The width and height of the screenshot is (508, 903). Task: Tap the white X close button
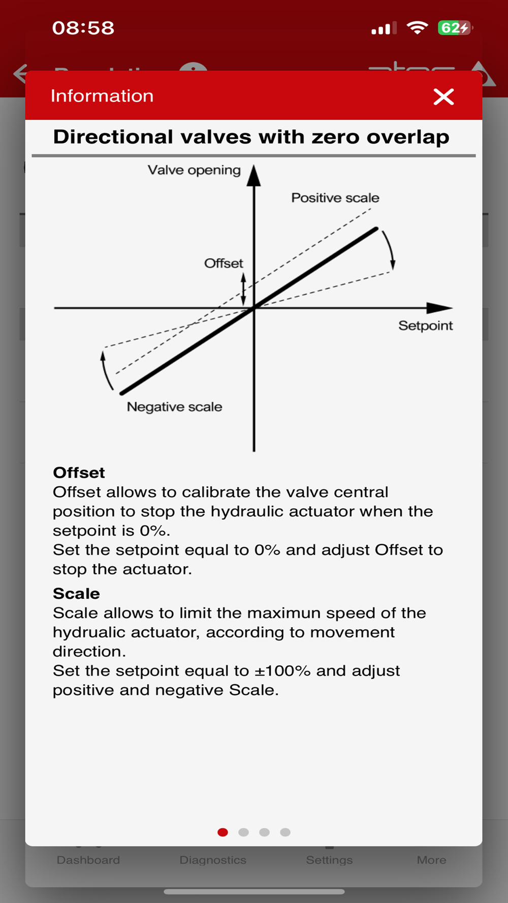click(443, 96)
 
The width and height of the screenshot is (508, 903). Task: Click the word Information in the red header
click(102, 96)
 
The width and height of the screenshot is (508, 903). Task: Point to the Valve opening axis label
click(194, 170)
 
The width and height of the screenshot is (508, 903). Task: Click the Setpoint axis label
click(425, 326)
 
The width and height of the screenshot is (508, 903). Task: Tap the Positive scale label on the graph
click(335, 198)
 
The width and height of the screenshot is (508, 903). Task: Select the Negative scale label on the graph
click(174, 407)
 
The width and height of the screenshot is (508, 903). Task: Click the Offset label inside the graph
click(224, 263)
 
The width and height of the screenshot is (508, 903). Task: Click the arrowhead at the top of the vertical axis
click(254, 176)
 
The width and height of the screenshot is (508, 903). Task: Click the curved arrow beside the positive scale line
click(390, 249)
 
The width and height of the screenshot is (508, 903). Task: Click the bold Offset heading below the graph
click(79, 473)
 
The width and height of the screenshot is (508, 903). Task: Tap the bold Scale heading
click(76, 594)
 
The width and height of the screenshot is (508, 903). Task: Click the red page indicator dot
click(223, 832)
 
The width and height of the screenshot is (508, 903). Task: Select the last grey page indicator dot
click(285, 832)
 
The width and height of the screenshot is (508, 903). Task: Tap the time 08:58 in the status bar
click(83, 28)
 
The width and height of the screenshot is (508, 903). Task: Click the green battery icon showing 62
click(454, 28)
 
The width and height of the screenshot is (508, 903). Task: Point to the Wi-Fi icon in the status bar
click(417, 28)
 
